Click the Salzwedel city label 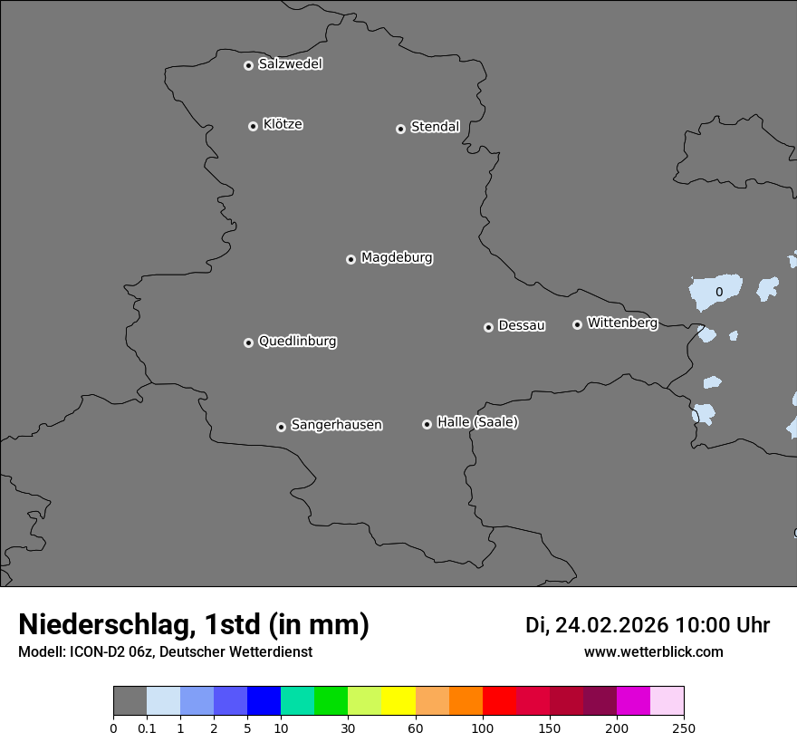pyautogui.click(x=290, y=64)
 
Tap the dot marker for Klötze pyautogui.click(x=253, y=126)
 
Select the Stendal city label pyautogui.click(x=435, y=127)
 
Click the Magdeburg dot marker pyautogui.click(x=350, y=259)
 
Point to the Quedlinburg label pyautogui.click(x=297, y=342)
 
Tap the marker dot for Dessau pyautogui.click(x=488, y=327)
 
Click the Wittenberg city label pyautogui.click(x=622, y=323)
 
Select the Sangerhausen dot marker pyautogui.click(x=281, y=427)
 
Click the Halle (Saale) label pyautogui.click(x=477, y=422)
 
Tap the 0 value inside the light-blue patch pyautogui.click(x=719, y=292)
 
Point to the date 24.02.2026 pyautogui.click(x=611, y=625)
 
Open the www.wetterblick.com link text pyautogui.click(x=653, y=651)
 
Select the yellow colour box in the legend pyautogui.click(x=398, y=701)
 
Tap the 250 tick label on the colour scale pyautogui.click(x=683, y=728)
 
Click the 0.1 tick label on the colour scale pyautogui.click(x=146, y=728)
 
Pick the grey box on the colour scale pyautogui.click(x=130, y=701)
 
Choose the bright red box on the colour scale pyautogui.click(x=499, y=701)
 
